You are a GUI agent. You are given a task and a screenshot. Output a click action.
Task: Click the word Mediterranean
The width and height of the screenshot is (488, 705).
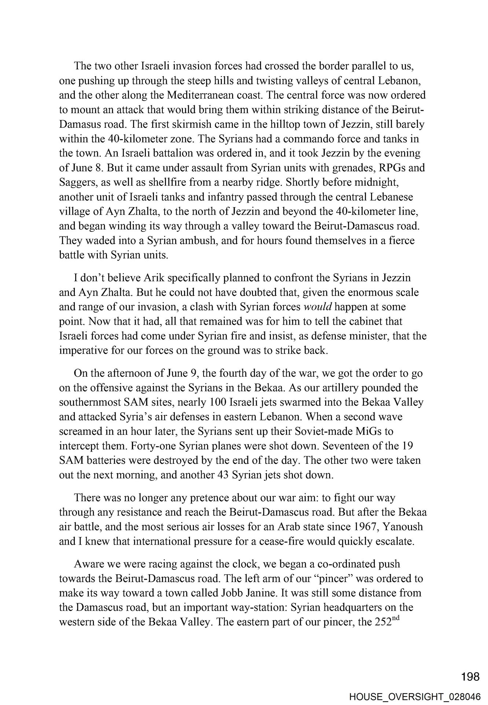(200, 95)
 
